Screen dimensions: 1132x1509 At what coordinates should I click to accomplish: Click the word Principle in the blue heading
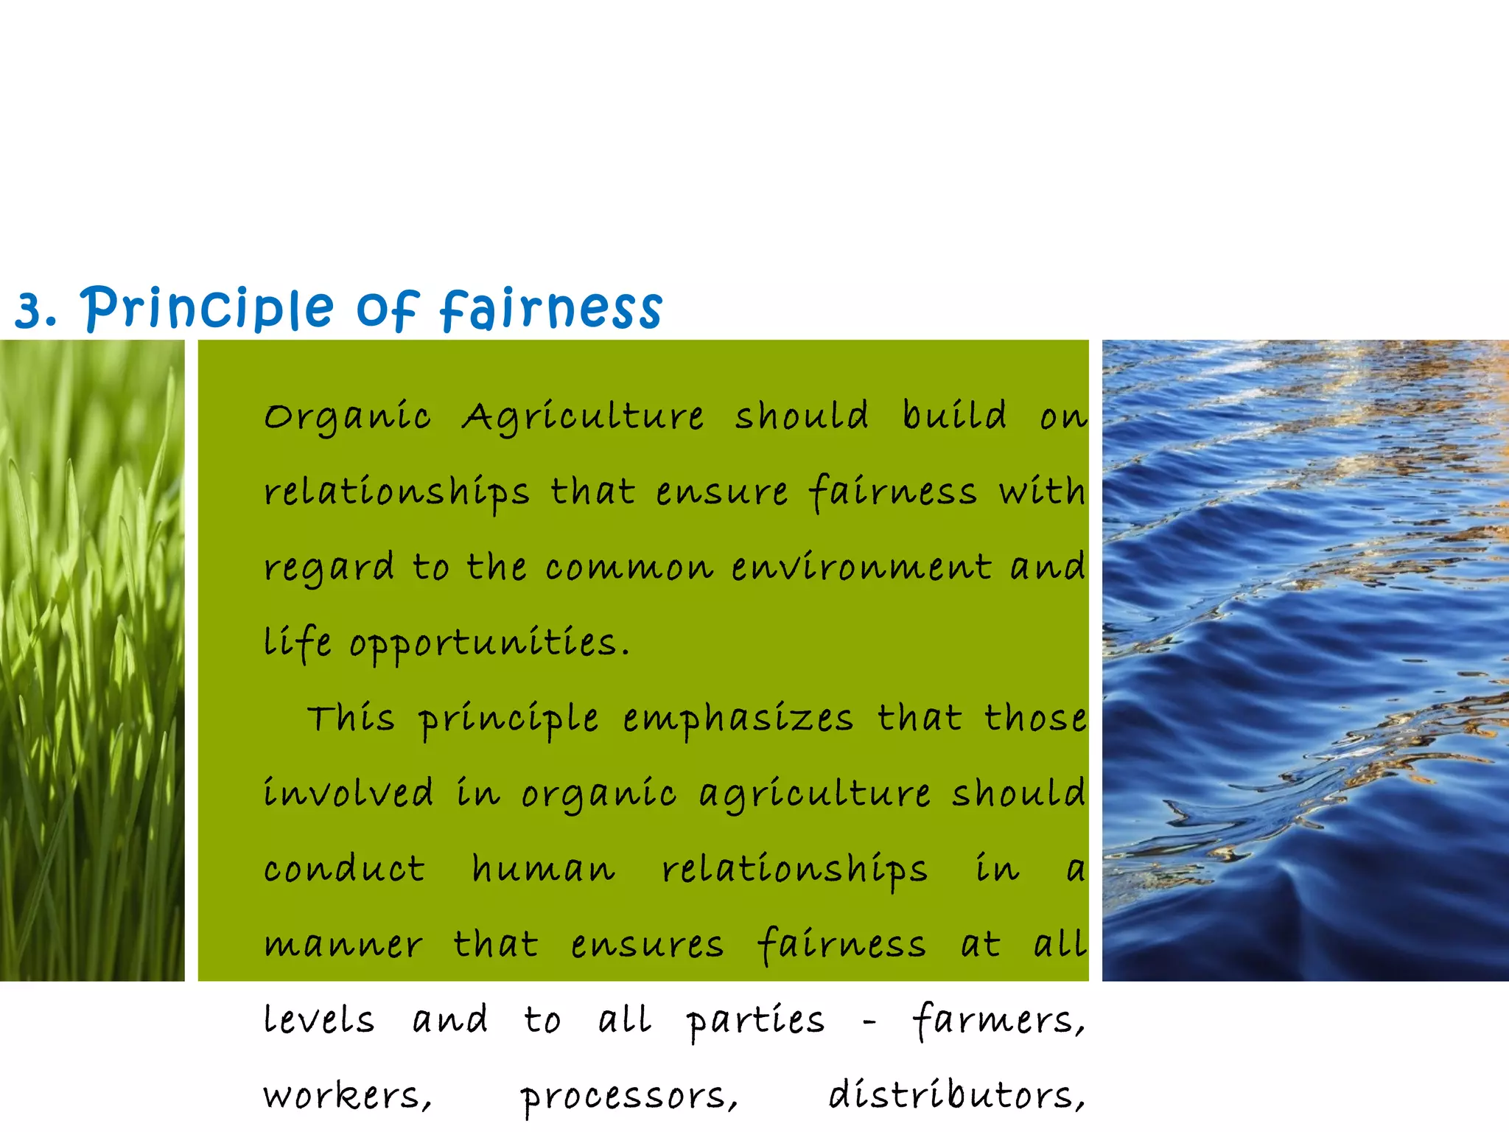tap(207, 308)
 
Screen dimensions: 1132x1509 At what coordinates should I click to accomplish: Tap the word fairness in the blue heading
tap(551, 308)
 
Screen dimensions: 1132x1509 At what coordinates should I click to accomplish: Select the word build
tap(954, 416)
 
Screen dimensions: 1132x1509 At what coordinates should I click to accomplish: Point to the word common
tap(629, 568)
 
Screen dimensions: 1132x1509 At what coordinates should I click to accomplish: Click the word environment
tap(861, 568)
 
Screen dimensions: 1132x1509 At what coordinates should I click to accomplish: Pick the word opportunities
tap(489, 644)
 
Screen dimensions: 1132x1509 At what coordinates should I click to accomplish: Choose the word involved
tap(349, 794)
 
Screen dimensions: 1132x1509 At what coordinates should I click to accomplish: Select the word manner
tap(343, 946)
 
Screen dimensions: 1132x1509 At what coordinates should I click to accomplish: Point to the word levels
tap(319, 1021)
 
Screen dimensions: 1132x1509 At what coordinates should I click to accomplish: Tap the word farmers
tap(998, 1021)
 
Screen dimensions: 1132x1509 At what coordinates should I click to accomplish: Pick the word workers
tap(347, 1096)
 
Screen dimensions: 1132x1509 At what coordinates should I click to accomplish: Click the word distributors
tap(956, 1096)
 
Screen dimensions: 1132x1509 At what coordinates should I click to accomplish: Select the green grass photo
tap(92, 660)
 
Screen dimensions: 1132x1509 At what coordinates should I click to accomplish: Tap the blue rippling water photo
tap(1305, 660)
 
